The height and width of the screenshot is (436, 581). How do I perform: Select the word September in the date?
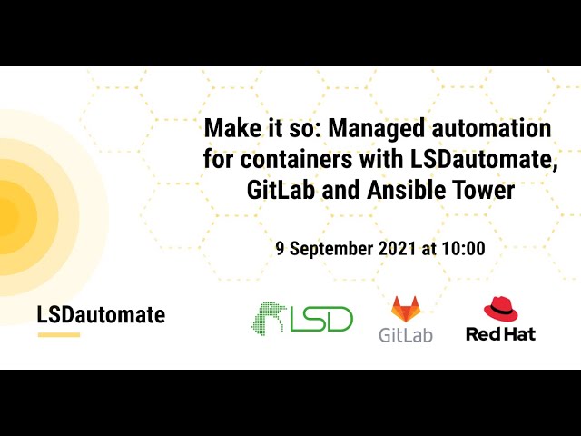[x=335, y=247]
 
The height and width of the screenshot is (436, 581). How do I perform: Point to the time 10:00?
[x=464, y=247]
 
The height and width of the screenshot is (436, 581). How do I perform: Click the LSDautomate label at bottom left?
[x=101, y=315]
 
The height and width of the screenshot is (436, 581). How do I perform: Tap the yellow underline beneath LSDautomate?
[x=58, y=335]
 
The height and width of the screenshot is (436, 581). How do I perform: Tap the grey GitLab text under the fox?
[x=406, y=334]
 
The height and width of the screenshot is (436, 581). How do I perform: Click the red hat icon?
[x=501, y=308]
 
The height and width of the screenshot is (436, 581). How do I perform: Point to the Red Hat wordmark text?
[x=501, y=333]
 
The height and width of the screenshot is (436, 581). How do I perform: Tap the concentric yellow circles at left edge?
[x=18, y=216]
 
